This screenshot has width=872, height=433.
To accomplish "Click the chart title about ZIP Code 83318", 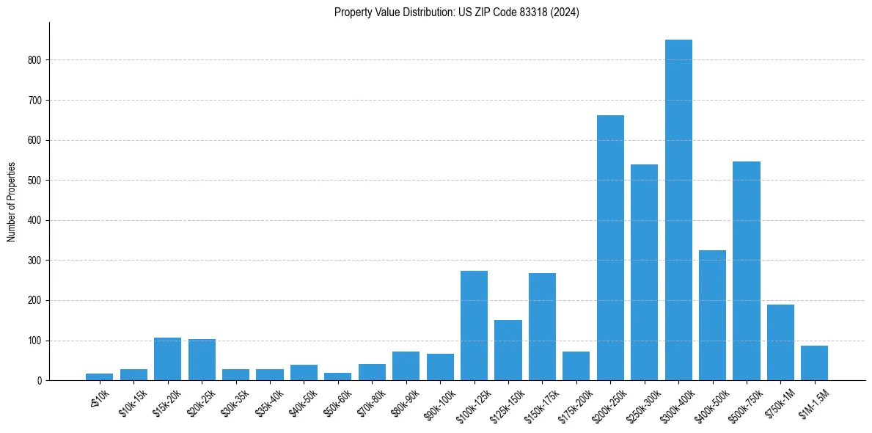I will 456,12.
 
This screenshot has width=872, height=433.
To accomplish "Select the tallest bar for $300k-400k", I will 678,210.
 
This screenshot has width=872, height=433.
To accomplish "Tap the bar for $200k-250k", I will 610,248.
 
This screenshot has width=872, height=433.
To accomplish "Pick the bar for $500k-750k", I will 747,271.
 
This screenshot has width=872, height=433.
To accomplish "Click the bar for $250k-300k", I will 645,272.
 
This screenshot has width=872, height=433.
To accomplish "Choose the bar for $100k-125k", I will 474,326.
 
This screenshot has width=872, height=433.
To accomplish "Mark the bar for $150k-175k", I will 542,327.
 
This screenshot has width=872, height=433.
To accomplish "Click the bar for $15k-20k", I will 167,359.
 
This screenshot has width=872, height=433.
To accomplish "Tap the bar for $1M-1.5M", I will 814,363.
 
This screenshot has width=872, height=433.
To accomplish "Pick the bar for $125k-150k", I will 508,350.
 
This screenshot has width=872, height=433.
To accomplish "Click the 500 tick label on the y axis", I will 35,181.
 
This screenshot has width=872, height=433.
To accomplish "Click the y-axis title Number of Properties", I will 12,202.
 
